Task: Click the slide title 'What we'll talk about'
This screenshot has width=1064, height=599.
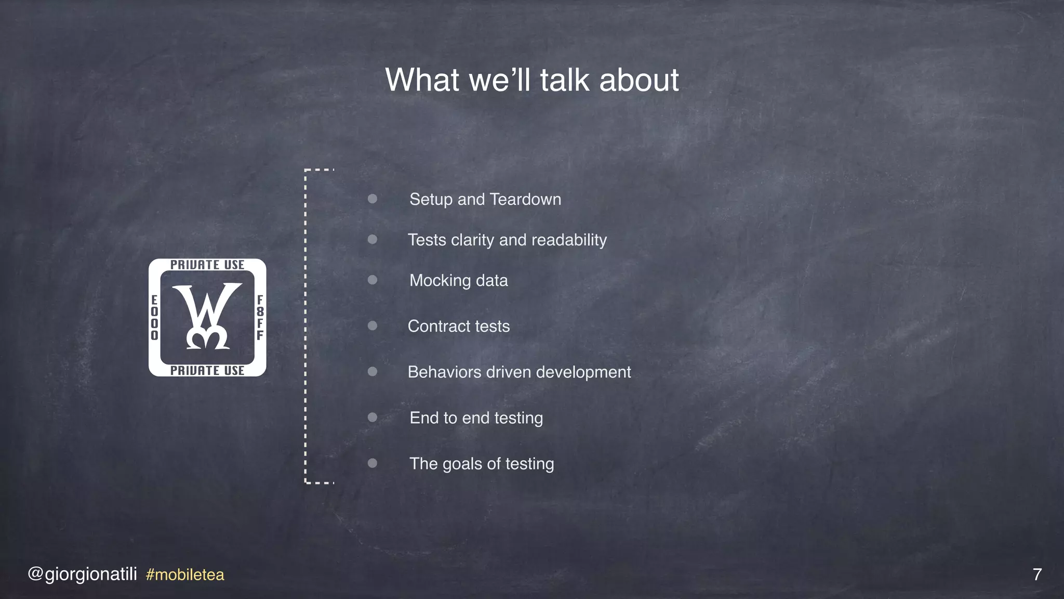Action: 531,80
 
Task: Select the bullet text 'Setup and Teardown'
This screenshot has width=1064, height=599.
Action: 485,199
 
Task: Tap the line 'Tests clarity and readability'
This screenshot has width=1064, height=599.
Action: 507,240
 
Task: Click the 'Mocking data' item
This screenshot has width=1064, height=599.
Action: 458,280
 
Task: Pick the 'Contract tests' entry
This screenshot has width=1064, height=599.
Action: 458,326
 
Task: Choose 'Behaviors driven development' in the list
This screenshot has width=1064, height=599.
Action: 519,372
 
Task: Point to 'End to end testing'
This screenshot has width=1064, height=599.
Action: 476,418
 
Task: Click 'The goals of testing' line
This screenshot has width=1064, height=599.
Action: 482,463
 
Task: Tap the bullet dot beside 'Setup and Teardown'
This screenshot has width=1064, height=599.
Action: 373,199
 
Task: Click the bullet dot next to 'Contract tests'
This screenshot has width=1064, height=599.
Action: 373,325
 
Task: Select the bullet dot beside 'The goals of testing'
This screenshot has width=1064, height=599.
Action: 373,463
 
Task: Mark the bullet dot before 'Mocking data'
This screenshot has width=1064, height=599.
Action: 373,280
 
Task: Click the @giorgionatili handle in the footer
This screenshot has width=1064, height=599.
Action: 82,574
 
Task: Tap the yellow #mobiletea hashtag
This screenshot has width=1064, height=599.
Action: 185,575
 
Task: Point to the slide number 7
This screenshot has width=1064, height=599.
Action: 1037,574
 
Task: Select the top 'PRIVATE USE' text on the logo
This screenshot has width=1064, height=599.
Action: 207,265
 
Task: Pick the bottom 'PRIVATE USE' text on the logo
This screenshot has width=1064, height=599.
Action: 207,370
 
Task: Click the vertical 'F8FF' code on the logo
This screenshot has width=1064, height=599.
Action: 260,317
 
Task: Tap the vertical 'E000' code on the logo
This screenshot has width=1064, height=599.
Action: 154,317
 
